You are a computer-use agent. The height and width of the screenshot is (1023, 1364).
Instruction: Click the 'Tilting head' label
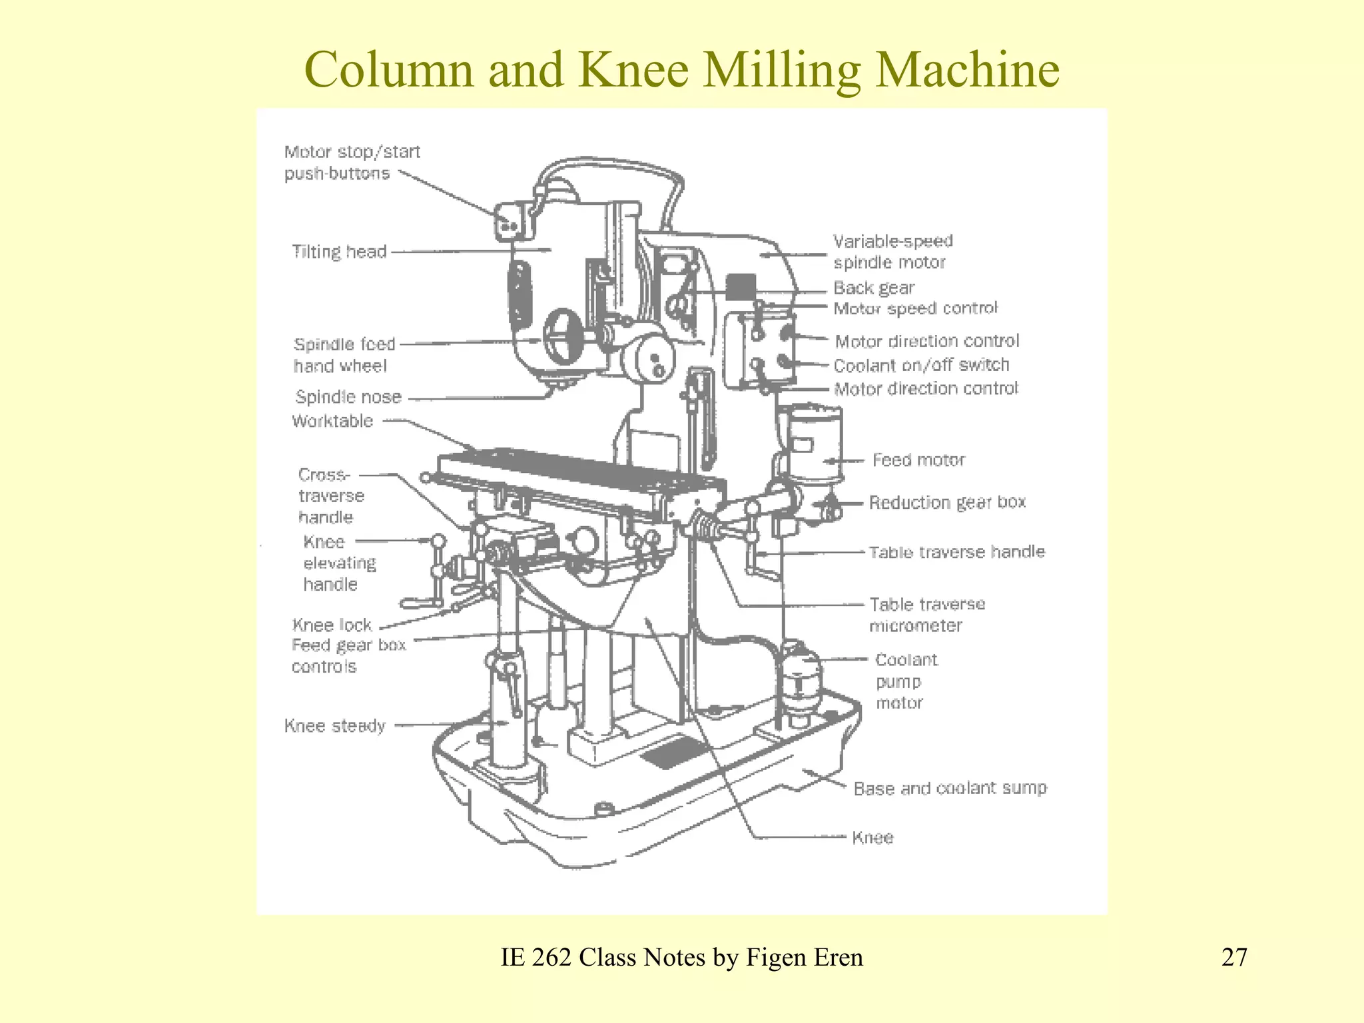point(339,252)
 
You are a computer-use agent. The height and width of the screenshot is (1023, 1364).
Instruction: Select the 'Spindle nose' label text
point(348,397)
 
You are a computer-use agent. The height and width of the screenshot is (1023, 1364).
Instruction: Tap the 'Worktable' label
point(332,421)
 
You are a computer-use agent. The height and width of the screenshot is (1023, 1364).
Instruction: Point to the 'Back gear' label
point(874,288)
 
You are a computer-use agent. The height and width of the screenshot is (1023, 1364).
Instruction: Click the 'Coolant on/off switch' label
point(921,365)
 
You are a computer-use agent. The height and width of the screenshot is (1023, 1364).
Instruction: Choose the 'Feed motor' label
point(918,460)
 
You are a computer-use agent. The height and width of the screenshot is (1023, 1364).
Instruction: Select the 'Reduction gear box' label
point(947,502)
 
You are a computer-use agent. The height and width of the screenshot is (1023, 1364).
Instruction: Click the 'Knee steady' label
point(335,725)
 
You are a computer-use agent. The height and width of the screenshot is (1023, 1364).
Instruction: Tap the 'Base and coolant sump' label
point(950,789)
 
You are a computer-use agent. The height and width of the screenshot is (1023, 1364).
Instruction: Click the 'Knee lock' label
point(332,625)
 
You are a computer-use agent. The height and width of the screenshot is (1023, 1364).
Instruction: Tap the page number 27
point(1234,957)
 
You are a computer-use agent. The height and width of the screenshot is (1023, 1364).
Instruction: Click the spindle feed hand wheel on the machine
point(563,336)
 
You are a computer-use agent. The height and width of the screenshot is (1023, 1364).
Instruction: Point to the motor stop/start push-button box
point(510,222)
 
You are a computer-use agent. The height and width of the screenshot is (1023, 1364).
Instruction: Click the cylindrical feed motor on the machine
point(814,443)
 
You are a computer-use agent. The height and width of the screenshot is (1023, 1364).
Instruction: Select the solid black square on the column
point(741,288)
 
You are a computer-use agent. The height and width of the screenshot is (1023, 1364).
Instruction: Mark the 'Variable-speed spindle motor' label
point(892,252)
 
